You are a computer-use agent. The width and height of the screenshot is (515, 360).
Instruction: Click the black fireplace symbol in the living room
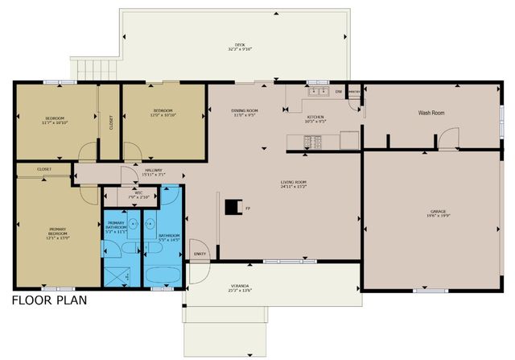coord(232,208)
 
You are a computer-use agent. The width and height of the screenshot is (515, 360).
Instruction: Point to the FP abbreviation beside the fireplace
coord(247,209)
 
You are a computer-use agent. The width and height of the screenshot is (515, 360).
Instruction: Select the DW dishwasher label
coord(339,92)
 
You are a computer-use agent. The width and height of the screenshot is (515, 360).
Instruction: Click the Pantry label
coord(353,92)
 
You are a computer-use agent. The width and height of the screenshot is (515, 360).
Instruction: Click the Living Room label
coord(293,183)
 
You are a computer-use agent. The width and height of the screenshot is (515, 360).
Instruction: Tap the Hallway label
coord(153,171)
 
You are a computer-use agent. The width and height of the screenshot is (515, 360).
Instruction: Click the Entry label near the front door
coord(199,254)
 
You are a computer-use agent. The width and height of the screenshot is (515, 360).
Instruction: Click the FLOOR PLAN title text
coord(48,301)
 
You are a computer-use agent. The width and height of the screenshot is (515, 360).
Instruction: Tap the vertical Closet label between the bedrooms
coord(110,122)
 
